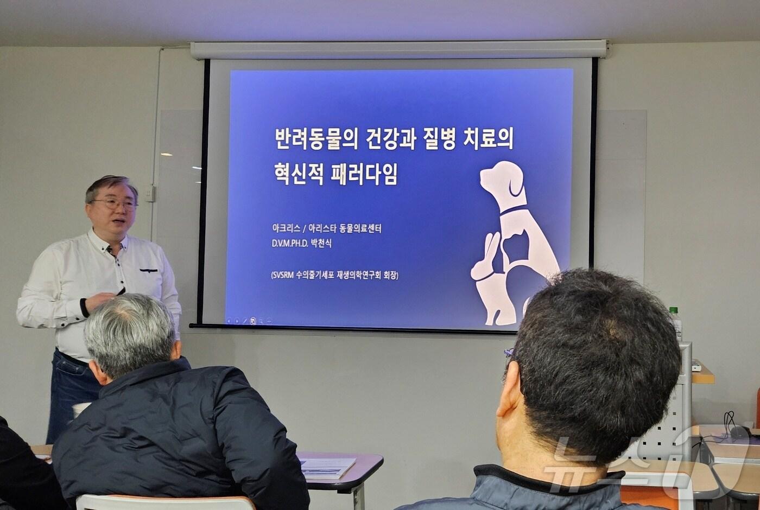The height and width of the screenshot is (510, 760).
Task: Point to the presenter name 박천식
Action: pyautogui.click(x=321, y=244)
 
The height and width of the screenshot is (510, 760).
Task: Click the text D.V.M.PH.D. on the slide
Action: pyautogui.click(x=290, y=244)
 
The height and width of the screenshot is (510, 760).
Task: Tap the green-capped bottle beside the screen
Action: pyautogui.click(x=675, y=323)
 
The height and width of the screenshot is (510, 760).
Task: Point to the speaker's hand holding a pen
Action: pyautogui.click(x=103, y=300)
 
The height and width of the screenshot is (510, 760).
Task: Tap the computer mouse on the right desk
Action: pyautogui.click(x=738, y=432)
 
